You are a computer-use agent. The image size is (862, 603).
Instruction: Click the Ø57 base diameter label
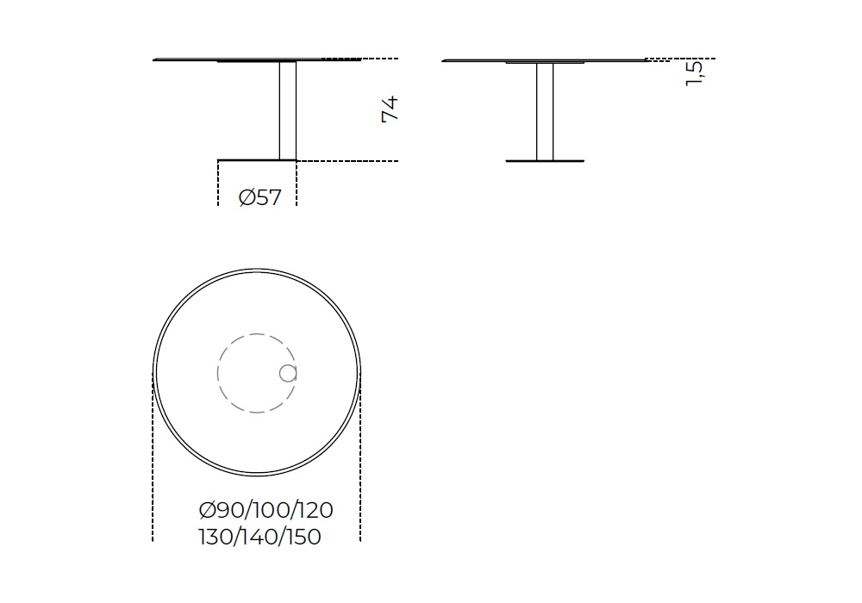click(260, 197)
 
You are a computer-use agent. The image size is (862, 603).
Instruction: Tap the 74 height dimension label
click(390, 109)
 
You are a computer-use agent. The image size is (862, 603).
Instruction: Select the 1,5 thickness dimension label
click(694, 73)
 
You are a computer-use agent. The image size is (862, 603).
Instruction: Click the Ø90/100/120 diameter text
click(266, 510)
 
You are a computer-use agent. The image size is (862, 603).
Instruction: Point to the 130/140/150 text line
click(259, 537)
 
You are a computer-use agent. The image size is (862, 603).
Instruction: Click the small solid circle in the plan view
click(288, 374)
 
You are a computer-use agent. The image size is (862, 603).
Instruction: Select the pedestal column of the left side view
click(288, 110)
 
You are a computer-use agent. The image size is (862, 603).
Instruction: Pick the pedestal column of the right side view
click(545, 112)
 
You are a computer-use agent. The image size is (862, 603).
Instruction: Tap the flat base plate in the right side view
click(545, 161)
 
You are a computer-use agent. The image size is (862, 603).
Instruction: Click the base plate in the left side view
click(257, 160)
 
